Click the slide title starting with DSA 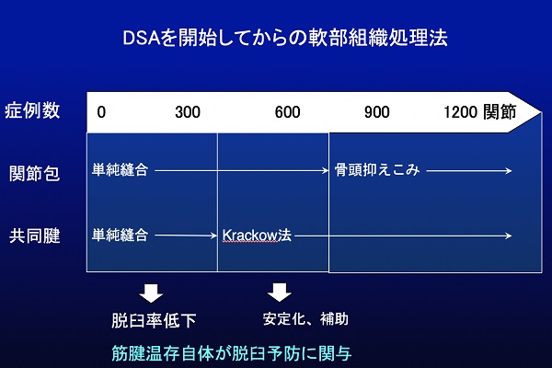point(285,38)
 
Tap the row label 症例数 point(32,110)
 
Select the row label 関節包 point(35,173)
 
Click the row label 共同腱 point(35,236)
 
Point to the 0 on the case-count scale point(101,112)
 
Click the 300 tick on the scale point(188,112)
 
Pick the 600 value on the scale point(287,112)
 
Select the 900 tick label point(376,112)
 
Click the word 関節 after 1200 point(500,111)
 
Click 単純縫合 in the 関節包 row point(120,170)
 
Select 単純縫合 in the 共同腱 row point(120,235)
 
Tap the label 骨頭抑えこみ point(377,170)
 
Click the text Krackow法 point(257,235)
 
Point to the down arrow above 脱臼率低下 point(151,293)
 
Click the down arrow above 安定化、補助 point(279,293)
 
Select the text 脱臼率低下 point(154,320)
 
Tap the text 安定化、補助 point(305,319)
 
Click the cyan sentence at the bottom point(231,353)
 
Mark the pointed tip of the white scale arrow point(542,112)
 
